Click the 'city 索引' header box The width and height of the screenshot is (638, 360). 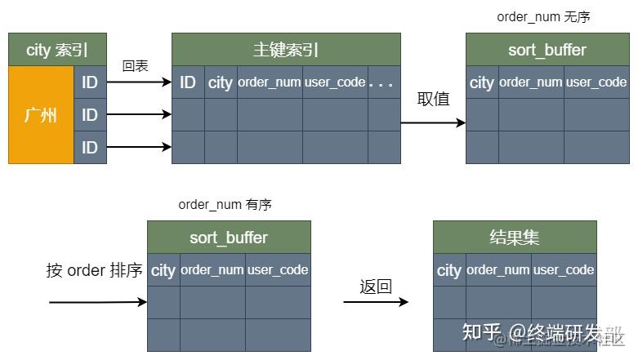pyautogui.click(x=57, y=50)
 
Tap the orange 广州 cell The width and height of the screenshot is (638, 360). pyautogui.click(x=41, y=115)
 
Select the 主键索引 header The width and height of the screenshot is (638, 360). pyautogui.click(x=286, y=50)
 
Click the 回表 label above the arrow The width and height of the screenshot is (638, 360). pyautogui.click(x=135, y=66)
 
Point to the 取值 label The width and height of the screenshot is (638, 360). pyautogui.click(x=434, y=99)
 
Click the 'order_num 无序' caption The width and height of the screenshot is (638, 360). pyautogui.click(x=543, y=17)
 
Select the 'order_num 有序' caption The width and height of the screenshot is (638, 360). pyautogui.click(x=225, y=205)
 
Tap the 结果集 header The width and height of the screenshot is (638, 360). pyautogui.click(x=515, y=238)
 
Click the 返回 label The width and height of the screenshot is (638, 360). pyautogui.click(x=376, y=287)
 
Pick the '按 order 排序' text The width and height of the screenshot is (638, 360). pyautogui.click(x=95, y=270)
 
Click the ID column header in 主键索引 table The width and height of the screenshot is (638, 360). pyautogui.click(x=188, y=82)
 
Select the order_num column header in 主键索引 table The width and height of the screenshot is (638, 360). pyautogui.click(x=270, y=82)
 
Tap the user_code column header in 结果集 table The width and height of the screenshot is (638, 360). pyautogui.click(x=564, y=270)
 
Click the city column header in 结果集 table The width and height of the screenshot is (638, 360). pyautogui.click(x=449, y=270)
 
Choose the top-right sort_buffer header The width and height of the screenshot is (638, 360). pyautogui.click(x=547, y=50)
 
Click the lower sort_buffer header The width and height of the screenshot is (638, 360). pyautogui.click(x=229, y=238)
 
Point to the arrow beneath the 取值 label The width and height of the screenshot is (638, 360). pyautogui.click(x=433, y=123)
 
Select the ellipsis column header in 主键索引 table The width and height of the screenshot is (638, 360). pyautogui.click(x=381, y=82)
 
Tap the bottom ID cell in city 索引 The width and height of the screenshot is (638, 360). pyautogui.click(x=90, y=148)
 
